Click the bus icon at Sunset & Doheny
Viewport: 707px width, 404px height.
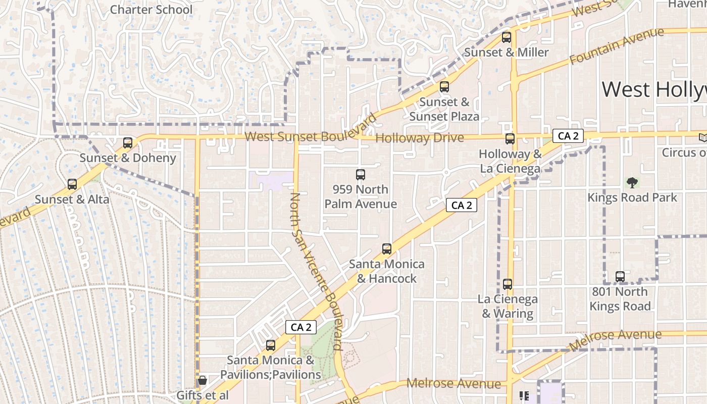(128, 143)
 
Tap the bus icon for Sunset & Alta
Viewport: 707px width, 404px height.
(72, 184)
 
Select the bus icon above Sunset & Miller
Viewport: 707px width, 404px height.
(507, 37)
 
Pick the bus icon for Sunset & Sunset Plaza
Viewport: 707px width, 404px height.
(444, 87)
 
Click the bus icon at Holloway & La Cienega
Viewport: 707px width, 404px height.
(510, 139)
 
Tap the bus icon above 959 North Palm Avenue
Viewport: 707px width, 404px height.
(361, 175)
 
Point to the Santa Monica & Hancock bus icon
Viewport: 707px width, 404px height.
(387, 249)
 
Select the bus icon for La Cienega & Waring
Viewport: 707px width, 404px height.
(508, 284)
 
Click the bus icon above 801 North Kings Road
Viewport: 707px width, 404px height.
(620, 277)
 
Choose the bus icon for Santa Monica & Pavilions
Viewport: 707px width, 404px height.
(271, 345)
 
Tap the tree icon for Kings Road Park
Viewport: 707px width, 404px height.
(632, 183)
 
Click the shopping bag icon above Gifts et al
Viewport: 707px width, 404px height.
(203, 380)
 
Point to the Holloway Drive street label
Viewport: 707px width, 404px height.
(420, 138)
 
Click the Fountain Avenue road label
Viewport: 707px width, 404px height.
(617, 46)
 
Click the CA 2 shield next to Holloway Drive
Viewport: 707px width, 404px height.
(568, 136)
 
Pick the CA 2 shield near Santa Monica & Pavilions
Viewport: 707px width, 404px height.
(301, 327)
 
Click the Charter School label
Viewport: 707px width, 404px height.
(151, 10)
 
